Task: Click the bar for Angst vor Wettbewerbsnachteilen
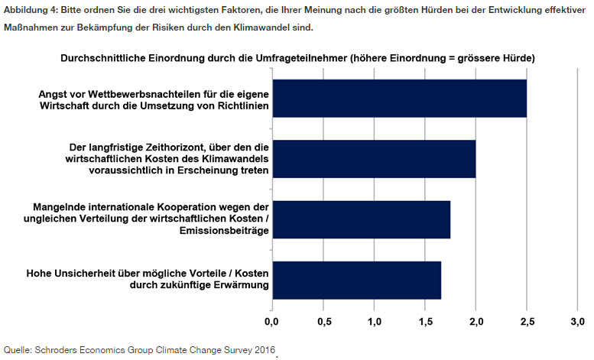(398, 98)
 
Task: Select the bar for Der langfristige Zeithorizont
(373, 159)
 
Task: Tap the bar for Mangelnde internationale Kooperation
(360, 219)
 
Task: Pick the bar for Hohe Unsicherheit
(355, 281)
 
